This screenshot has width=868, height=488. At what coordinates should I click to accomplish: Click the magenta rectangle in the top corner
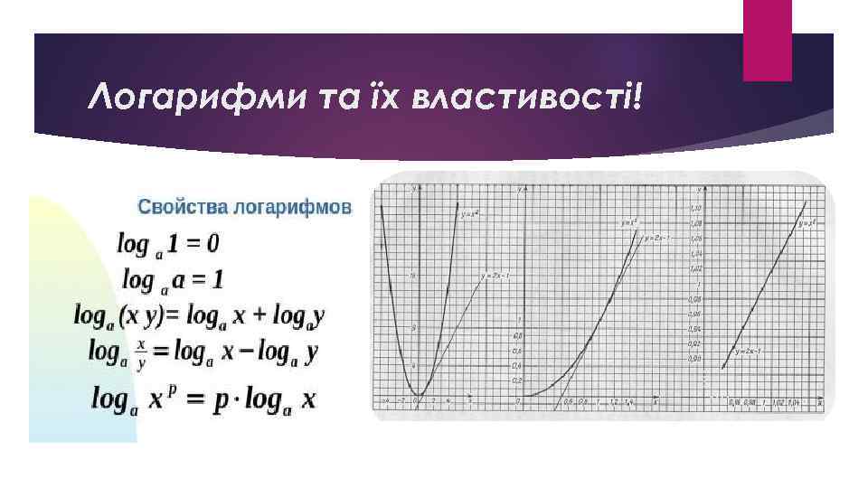(x=767, y=41)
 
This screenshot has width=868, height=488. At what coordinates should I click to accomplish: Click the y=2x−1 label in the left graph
(x=496, y=275)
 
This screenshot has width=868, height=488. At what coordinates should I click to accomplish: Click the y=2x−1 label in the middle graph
(x=656, y=239)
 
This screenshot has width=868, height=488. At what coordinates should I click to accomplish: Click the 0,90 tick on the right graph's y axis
(x=695, y=358)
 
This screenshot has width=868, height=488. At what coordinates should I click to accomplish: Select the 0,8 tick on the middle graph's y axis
(x=518, y=335)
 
